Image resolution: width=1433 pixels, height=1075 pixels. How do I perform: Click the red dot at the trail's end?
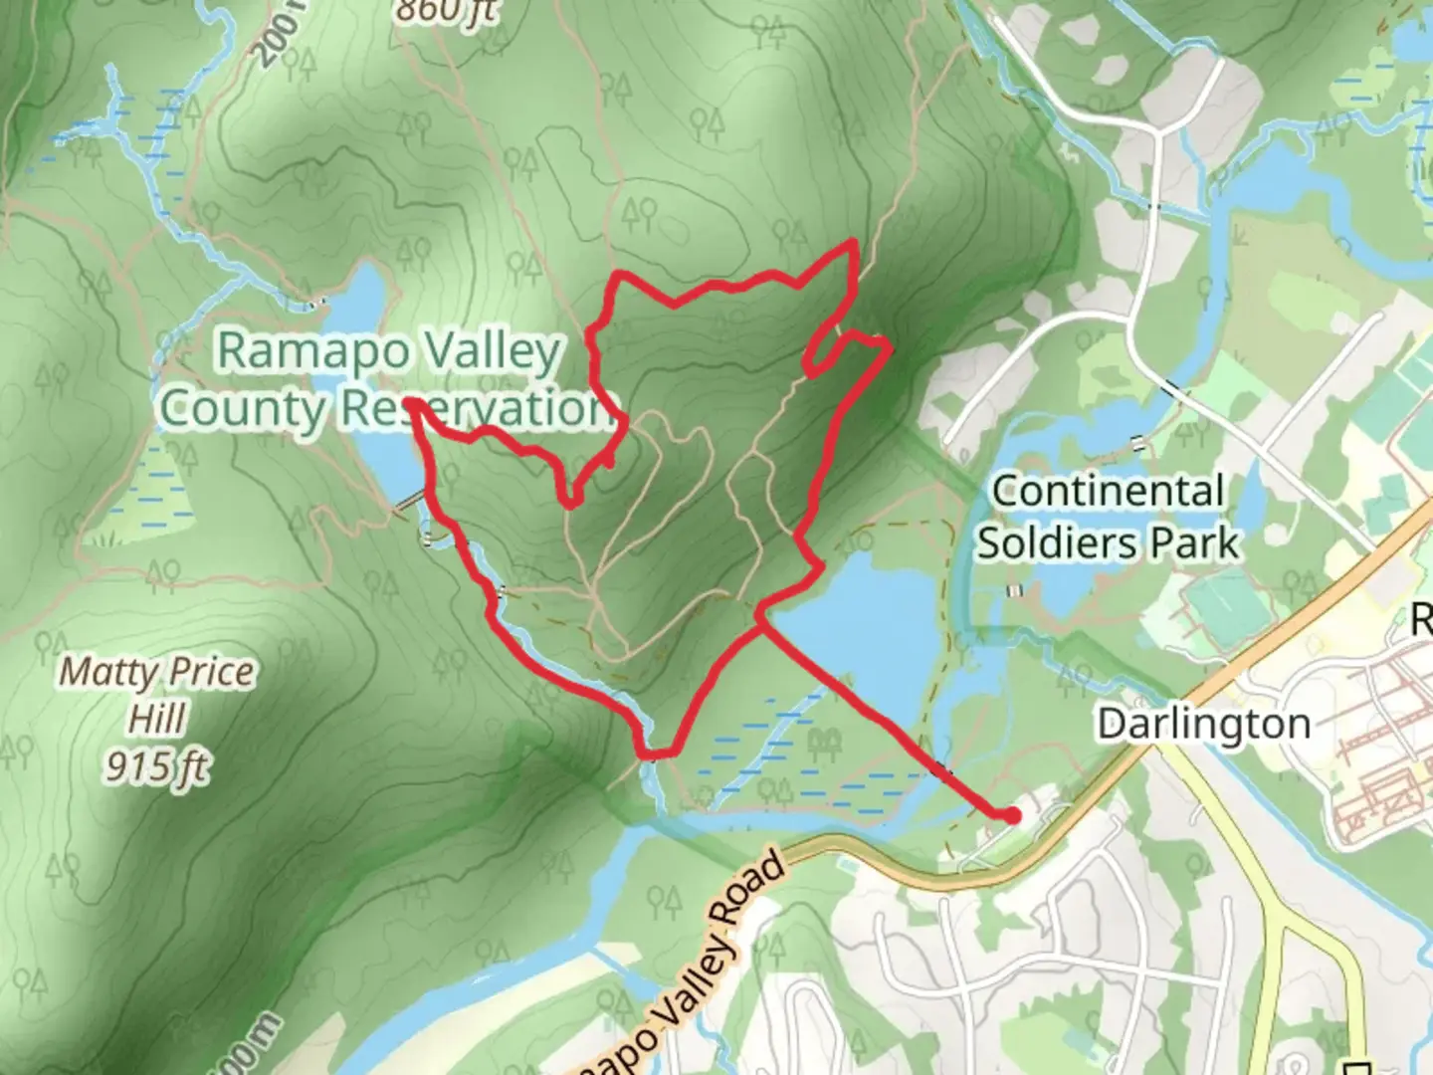click(x=1011, y=816)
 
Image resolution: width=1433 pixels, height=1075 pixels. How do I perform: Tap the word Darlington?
click(x=1203, y=724)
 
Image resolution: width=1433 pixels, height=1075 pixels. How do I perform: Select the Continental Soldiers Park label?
click(x=1109, y=518)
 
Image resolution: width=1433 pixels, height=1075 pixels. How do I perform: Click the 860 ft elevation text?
click(x=444, y=10)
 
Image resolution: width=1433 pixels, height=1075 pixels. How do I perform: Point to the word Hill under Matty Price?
click(x=157, y=718)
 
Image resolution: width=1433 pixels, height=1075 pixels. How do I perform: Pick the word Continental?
click(x=1109, y=492)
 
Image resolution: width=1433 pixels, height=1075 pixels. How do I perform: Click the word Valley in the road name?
click(x=713, y=951)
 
